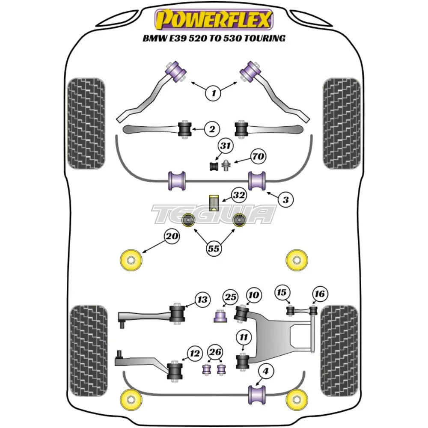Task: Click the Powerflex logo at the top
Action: [x=214, y=20]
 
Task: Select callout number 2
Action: [x=211, y=128]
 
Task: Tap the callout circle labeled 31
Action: [x=226, y=146]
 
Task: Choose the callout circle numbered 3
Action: [x=286, y=199]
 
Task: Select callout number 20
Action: [x=172, y=236]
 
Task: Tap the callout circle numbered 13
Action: [x=202, y=299]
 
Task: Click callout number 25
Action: [x=230, y=297]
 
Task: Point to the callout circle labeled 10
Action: [x=253, y=295]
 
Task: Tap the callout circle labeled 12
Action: [x=195, y=353]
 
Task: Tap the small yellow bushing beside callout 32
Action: [x=214, y=202]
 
